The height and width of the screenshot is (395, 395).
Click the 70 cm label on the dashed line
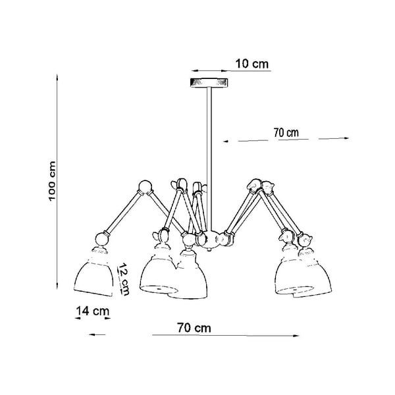click(286, 132)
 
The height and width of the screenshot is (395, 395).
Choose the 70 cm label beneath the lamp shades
click(196, 328)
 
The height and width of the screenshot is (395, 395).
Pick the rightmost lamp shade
click(306, 274)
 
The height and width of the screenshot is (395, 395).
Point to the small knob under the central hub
click(209, 250)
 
